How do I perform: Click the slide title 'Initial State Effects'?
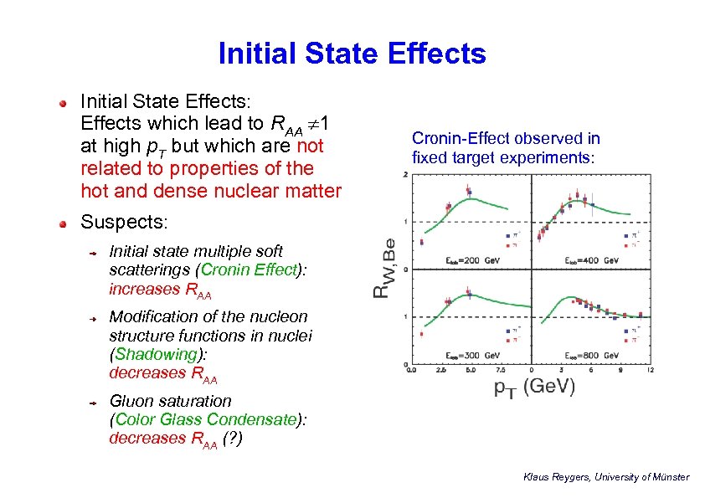pyautogui.click(x=352, y=54)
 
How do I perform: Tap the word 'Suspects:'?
pyautogui.click(x=124, y=223)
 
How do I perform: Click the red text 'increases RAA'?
pyautogui.click(x=160, y=290)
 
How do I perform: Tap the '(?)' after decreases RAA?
pyautogui.click(x=234, y=438)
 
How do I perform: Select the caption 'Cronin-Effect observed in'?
pyautogui.click(x=506, y=139)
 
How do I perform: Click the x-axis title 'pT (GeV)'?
pyautogui.click(x=533, y=388)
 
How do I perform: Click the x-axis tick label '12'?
pyautogui.click(x=650, y=370)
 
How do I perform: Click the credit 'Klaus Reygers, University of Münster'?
pyautogui.click(x=605, y=477)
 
